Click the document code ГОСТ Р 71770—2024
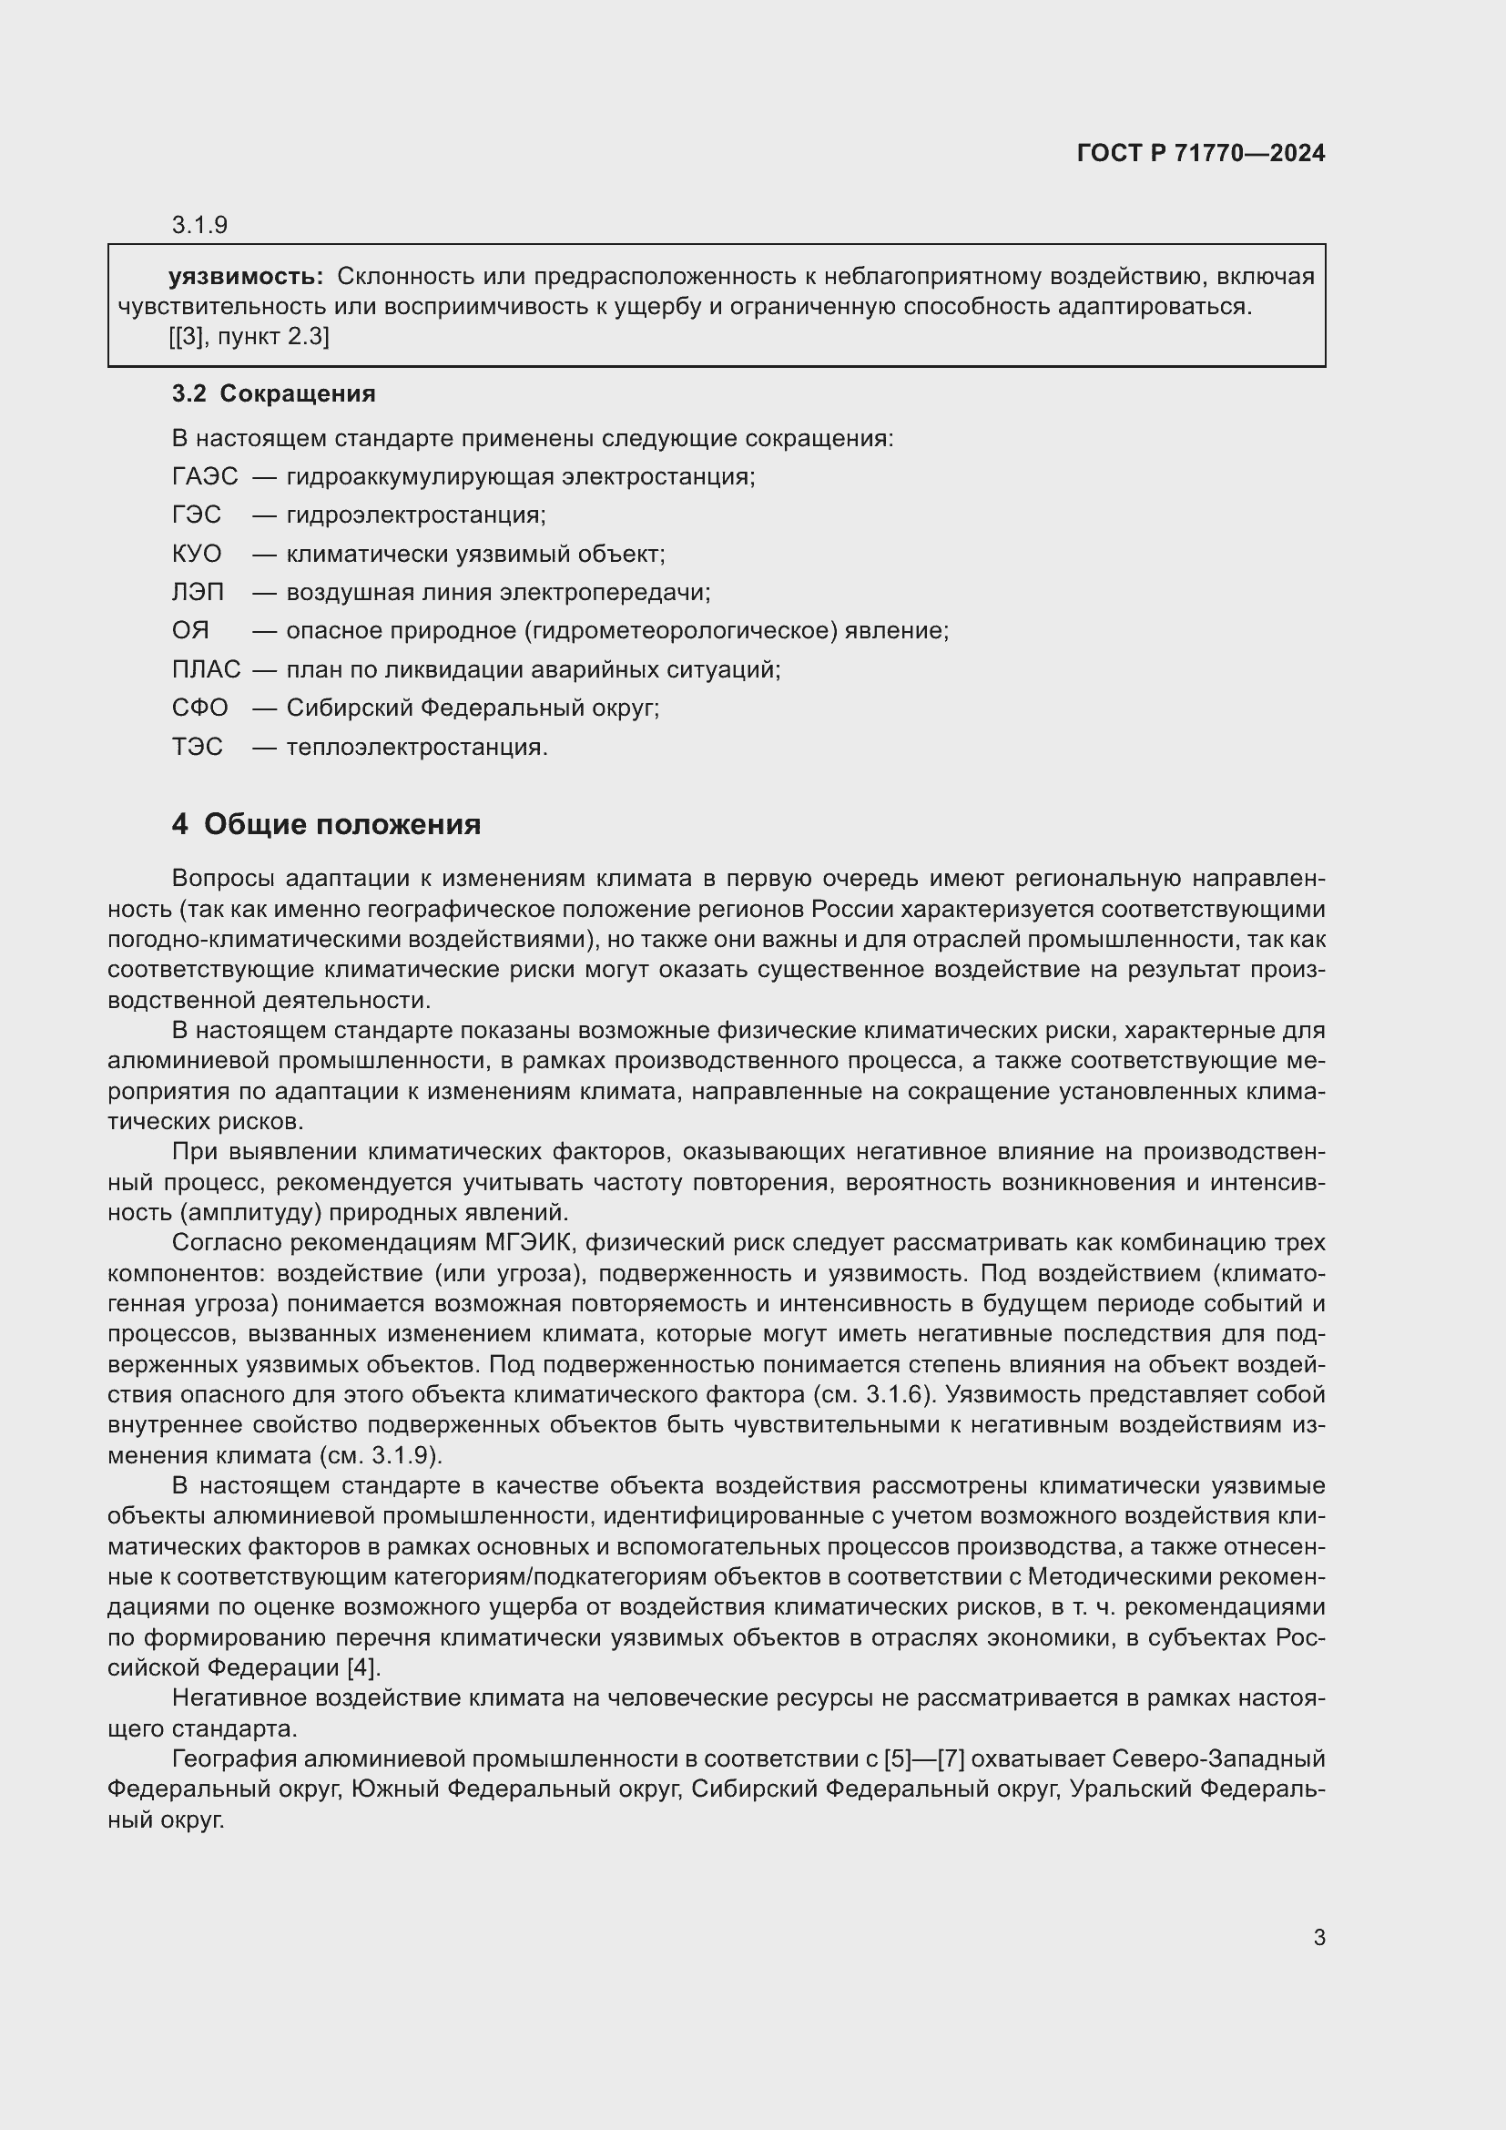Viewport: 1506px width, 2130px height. (1200, 153)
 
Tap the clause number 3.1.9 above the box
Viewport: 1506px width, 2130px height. (199, 225)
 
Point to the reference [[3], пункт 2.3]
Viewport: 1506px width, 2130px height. (249, 336)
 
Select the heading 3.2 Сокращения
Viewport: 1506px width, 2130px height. (273, 393)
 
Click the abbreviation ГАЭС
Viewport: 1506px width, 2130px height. (205, 476)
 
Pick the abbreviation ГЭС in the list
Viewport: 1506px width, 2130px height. (197, 515)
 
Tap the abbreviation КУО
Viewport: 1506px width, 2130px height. (197, 554)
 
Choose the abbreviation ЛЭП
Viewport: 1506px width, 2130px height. (198, 592)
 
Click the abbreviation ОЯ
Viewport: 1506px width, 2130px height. (190, 631)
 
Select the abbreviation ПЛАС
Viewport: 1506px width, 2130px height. (206, 669)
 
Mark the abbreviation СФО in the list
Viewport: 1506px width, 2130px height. (199, 708)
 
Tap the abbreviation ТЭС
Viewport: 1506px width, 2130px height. (198, 747)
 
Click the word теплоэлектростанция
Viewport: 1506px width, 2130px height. (416, 747)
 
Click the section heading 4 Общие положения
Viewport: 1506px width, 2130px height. (327, 824)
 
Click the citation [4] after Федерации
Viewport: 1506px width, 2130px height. (362, 1667)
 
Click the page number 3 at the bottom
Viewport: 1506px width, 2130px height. (1318, 1937)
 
